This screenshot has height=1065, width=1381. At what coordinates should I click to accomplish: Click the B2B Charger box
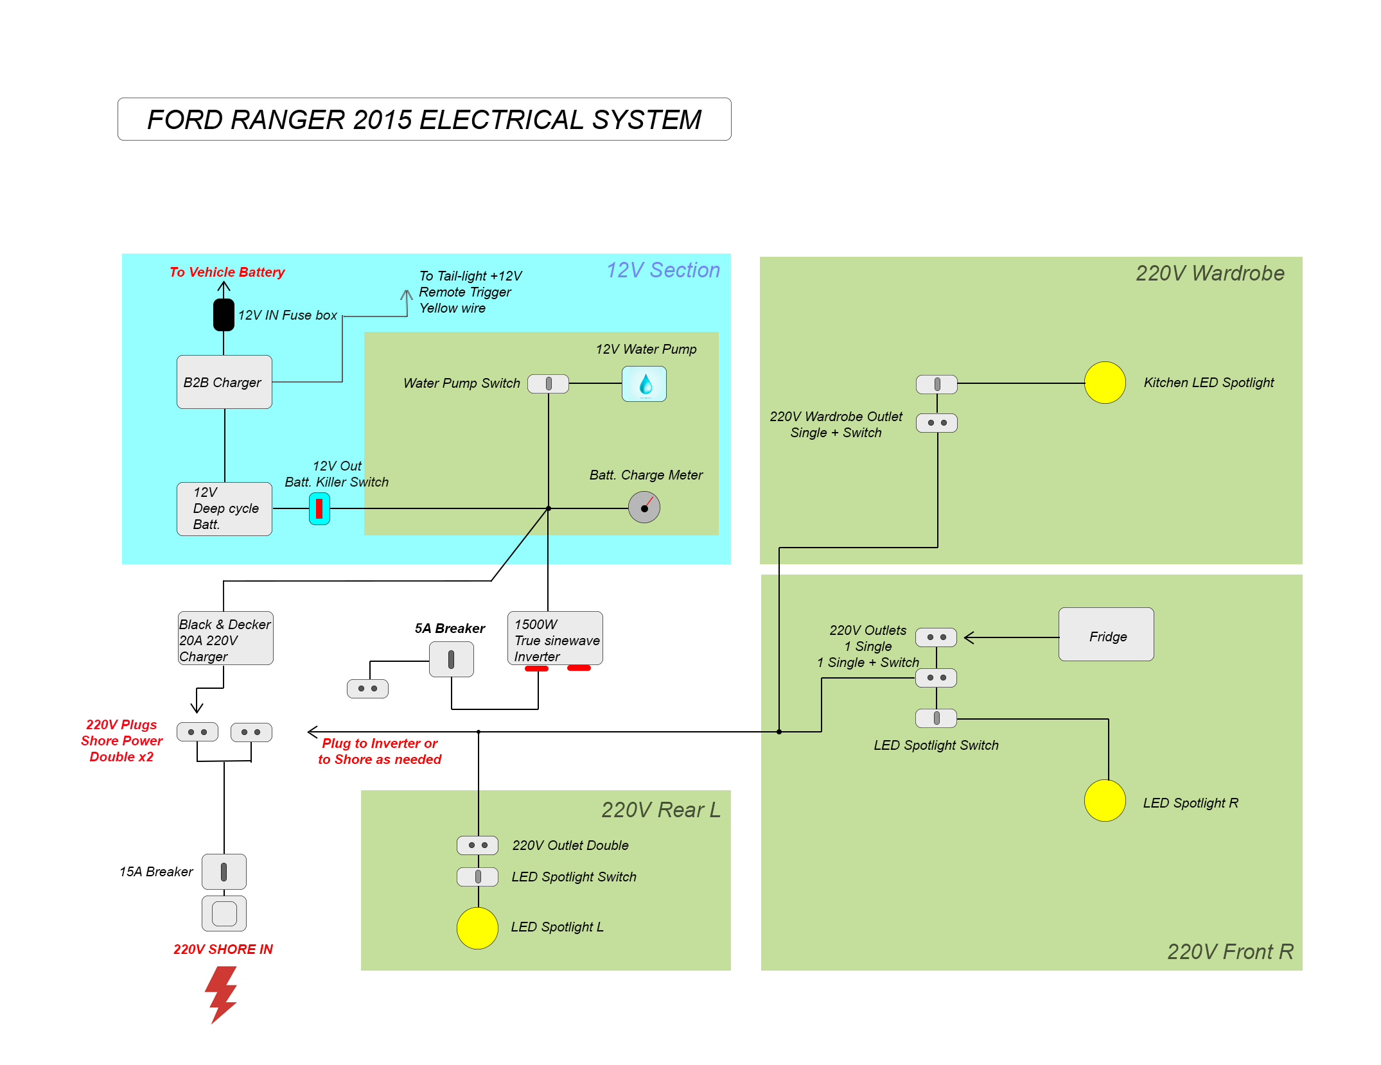pos(224,382)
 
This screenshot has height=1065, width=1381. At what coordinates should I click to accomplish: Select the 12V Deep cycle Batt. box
pos(224,508)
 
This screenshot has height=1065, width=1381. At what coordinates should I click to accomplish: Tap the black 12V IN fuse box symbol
pos(224,315)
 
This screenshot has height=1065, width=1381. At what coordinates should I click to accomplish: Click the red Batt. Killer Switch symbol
pos(319,508)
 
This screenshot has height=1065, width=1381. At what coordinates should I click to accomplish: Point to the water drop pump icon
pos(644,384)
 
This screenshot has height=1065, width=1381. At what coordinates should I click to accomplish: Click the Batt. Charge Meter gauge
pos(644,508)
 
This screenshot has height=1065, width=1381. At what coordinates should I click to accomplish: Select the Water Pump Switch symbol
pos(548,384)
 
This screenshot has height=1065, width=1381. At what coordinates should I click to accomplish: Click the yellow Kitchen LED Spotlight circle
pos(1105,383)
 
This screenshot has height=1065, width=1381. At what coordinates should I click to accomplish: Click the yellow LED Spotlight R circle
pos(1105,801)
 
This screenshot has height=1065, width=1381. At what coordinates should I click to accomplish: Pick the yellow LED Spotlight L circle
pos(477,928)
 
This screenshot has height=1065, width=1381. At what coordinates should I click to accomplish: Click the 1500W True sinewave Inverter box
pos(555,638)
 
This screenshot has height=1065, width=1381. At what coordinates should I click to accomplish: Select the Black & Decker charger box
pos(225,638)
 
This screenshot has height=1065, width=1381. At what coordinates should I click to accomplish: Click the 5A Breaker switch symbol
pos(452,659)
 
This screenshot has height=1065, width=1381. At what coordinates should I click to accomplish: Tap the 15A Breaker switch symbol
pos(224,871)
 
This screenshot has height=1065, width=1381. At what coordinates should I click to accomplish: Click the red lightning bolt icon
pos(221,994)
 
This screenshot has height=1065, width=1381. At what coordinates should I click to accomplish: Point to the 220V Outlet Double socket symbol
pos(477,845)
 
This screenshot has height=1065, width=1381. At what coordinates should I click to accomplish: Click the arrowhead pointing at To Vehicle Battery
pos(224,286)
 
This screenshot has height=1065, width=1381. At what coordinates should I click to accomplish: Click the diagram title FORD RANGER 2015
pos(424,119)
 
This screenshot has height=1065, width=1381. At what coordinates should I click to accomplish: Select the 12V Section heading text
pos(663,270)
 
